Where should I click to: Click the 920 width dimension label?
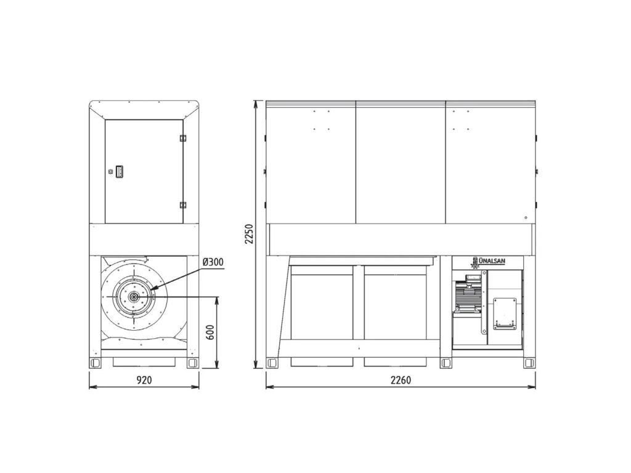click(x=144, y=379)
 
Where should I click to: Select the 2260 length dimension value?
click(x=401, y=379)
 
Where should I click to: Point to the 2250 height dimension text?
click(x=250, y=233)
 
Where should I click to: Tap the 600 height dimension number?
click(x=210, y=331)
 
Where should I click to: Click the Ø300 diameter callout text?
click(x=213, y=262)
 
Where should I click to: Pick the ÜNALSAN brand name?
click(x=494, y=261)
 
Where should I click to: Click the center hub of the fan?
click(x=133, y=297)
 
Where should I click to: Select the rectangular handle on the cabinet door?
click(x=119, y=172)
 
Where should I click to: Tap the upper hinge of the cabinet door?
click(x=183, y=138)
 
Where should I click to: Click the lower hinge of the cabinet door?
click(x=183, y=204)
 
